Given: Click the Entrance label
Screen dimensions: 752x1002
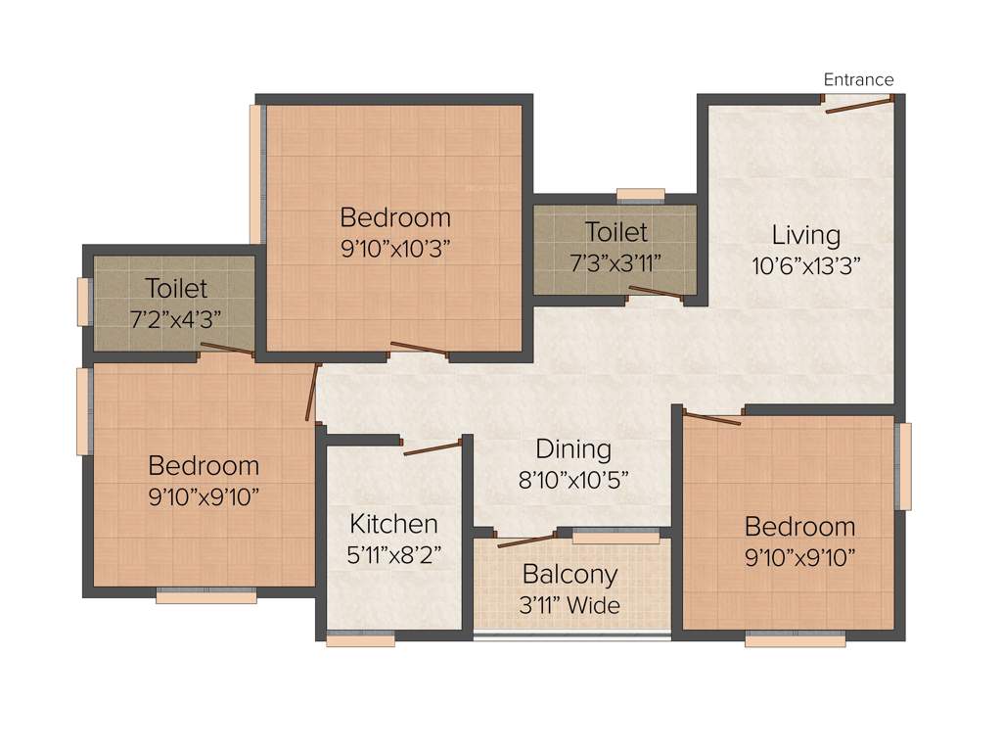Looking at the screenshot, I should [858, 79].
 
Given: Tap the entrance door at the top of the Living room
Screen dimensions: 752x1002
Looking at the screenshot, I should [858, 105].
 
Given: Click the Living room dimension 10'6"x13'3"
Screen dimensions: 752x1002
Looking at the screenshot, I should [806, 264].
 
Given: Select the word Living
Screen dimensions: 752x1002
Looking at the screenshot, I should [806, 235].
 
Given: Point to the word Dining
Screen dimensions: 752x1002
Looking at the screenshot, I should [573, 449].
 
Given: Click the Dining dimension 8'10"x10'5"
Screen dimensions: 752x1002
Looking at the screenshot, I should [573, 480].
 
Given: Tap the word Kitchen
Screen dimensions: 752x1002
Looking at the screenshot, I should [393, 523].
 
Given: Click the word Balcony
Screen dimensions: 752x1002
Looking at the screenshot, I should [569, 574].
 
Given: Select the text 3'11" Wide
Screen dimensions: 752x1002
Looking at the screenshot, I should [569, 605].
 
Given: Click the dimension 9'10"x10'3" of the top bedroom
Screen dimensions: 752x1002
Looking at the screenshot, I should [395, 248].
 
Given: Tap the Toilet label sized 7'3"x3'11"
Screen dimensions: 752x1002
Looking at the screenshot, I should [616, 232].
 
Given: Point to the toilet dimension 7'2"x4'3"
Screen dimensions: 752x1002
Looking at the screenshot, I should [176, 319].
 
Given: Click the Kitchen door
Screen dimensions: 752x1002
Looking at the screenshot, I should [432, 449].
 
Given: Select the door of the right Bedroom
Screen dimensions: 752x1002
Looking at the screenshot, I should [712, 419].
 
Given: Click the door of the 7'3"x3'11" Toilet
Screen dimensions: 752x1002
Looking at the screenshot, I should [656, 291].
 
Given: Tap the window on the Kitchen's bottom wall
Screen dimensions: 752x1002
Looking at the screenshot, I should [360, 639].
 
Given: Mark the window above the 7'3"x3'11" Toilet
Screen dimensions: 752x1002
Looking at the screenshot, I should [641, 194].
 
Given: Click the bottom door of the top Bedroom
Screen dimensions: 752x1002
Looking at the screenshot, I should [419, 349].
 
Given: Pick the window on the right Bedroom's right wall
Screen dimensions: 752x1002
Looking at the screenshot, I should [904, 465].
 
